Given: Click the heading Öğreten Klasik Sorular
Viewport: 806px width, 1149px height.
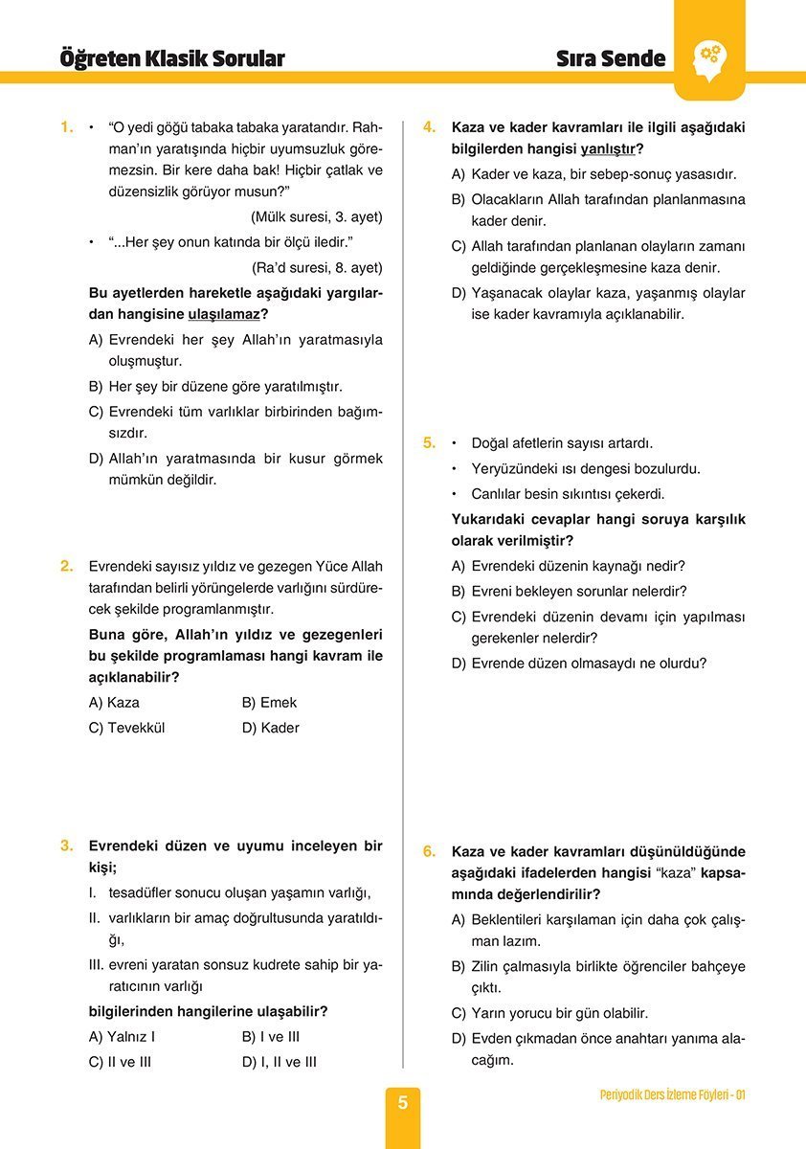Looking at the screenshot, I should pos(172,58).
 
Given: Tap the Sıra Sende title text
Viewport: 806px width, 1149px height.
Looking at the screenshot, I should pos(611,58).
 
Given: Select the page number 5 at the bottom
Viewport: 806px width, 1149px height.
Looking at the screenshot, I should pos(403,1103).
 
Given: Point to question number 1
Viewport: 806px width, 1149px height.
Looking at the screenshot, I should pos(66,126).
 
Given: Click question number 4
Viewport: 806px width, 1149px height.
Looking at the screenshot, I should pos(430,126).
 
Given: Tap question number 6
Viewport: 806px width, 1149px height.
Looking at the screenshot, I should pos(430,850).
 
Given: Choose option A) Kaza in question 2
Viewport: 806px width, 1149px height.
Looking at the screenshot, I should pos(114,703).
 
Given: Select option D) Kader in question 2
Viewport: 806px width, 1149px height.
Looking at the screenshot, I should pos(271,728).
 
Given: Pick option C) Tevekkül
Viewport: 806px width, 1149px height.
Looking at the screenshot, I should pos(126,728).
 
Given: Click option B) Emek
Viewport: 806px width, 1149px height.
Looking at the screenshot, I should pos(270,703).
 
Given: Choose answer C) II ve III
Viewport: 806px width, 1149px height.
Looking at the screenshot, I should pos(120,1062).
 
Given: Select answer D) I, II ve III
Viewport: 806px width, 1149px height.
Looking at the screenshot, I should pos(280,1062).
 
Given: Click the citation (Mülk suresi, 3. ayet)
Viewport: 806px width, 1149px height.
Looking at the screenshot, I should pos(316,216).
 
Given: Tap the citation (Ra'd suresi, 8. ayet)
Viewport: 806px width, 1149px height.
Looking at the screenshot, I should pos(317,267).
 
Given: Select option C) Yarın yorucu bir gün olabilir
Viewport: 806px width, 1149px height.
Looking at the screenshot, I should pos(549,1013).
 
